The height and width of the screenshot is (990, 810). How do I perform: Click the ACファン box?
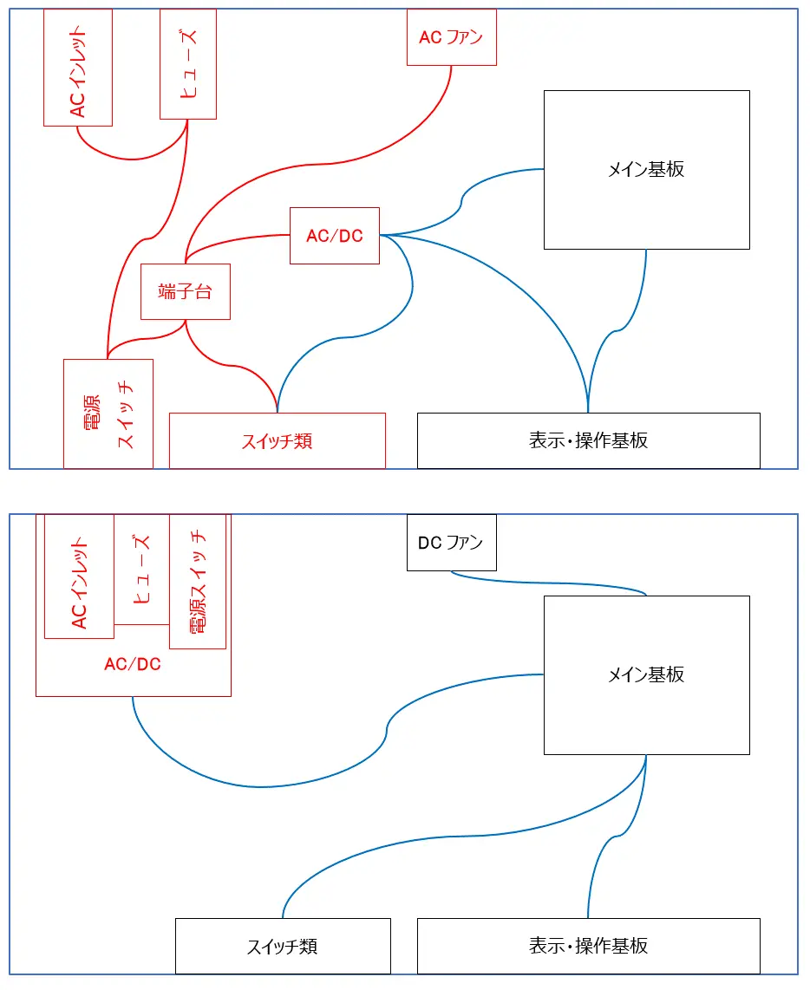click(x=451, y=37)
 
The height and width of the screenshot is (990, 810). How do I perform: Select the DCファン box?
click(x=450, y=543)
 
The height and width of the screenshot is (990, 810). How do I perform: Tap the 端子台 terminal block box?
click(x=186, y=291)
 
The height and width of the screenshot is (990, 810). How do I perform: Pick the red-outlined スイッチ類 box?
click(x=277, y=441)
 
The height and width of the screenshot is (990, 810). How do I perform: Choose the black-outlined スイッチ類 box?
click(x=283, y=946)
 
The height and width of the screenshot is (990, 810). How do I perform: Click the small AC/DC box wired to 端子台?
click(x=335, y=235)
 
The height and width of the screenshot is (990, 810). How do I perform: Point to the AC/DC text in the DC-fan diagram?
click(x=133, y=665)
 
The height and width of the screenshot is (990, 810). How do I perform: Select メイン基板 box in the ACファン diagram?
click(x=646, y=170)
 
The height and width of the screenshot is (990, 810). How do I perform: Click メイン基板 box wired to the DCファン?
click(x=646, y=674)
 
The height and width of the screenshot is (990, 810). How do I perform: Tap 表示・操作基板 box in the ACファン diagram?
click(x=588, y=440)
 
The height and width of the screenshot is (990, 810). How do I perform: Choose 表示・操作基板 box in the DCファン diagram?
click(x=588, y=946)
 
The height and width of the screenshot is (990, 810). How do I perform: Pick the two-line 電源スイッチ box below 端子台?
click(x=108, y=414)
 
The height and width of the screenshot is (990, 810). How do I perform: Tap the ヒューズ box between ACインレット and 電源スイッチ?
click(x=141, y=569)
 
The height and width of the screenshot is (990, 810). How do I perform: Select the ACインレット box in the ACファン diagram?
click(x=78, y=68)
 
